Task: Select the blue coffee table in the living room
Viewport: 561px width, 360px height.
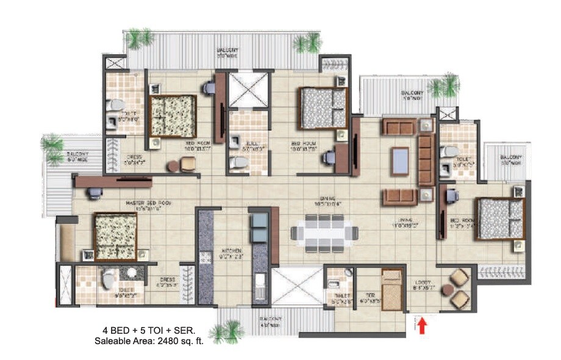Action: tap(400, 161)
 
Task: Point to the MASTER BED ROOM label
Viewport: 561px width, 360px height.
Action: tap(148, 203)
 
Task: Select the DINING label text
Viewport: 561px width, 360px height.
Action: tap(329, 198)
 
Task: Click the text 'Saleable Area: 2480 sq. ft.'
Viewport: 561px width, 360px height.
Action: tap(149, 342)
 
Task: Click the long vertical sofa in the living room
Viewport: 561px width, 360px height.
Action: tap(426, 160)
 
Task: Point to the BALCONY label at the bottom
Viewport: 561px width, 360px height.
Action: tap(270, 319)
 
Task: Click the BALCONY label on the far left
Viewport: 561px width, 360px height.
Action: tap(77, 154)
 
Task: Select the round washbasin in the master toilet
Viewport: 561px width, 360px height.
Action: tap(130, 273)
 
